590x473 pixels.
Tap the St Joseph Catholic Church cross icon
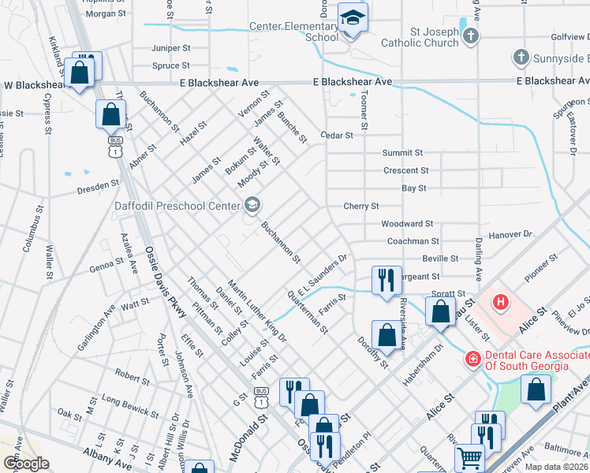470,36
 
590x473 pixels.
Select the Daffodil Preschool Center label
177,207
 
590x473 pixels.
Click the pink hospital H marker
499,301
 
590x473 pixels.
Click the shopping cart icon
469,456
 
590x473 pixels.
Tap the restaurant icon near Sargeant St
386,279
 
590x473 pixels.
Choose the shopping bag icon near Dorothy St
386,334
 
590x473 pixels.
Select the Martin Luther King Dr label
257,307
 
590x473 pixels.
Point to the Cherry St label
361,207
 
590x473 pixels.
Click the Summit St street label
403,153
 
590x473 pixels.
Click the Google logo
25,463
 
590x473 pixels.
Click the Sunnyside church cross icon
521,58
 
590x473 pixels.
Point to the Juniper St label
170,48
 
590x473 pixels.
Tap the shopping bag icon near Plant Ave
536,389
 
